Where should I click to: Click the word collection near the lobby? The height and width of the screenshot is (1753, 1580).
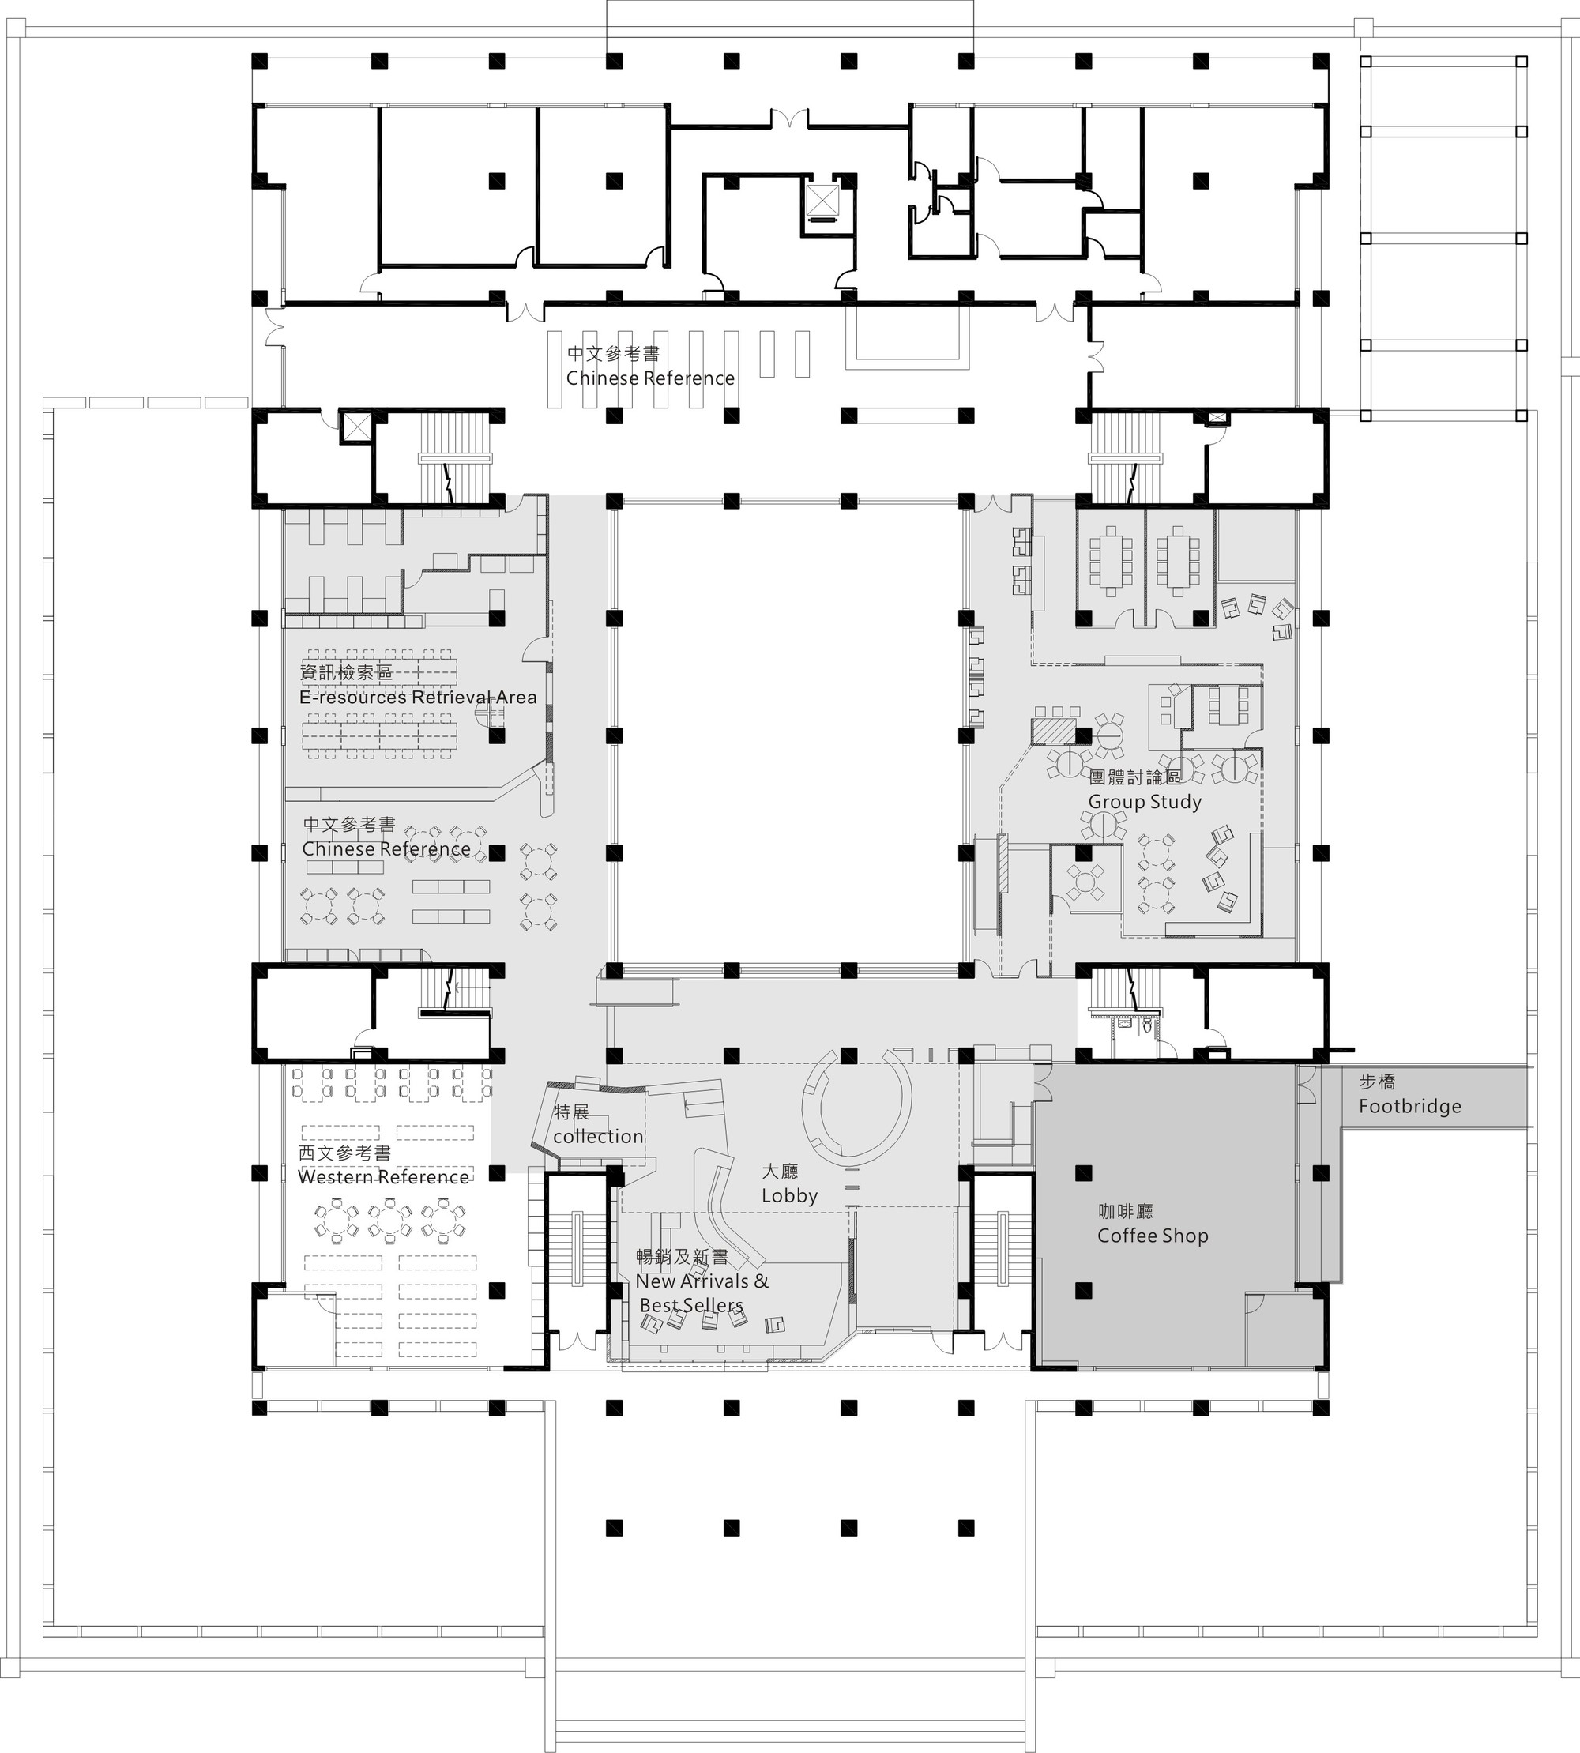click(598, 1136)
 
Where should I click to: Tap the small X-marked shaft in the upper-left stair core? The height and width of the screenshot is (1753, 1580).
click(355, 426)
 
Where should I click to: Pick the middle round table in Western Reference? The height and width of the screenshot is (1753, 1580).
click(389, 1219)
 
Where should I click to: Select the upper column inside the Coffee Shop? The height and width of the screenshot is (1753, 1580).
click(1082, 1173)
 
